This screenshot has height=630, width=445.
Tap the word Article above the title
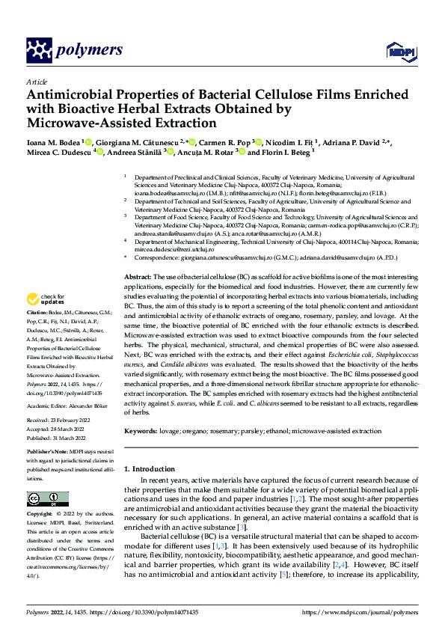point(36,82)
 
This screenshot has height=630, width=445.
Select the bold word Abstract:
point(138,257)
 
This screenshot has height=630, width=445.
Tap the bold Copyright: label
point(40,514)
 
